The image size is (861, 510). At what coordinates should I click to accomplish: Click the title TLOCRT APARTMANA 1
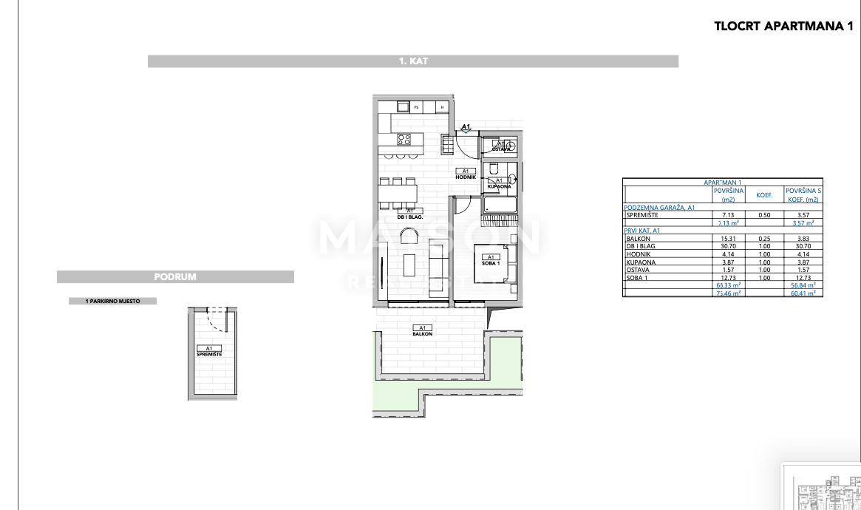click(783, 26)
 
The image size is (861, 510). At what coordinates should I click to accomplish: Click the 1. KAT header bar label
click(412, 62)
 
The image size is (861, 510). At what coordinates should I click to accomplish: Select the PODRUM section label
click(175, 277)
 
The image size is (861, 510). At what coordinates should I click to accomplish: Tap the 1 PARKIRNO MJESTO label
click(112, 301)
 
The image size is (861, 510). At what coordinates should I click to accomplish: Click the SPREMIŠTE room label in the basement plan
click(209, 352)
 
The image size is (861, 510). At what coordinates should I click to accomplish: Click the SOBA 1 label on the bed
click(491, 260)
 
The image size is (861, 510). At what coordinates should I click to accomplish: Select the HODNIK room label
click(466, 175)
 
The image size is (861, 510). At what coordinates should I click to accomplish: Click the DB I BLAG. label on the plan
click(409, 214)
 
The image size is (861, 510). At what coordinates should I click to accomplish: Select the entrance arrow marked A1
click(466, 129)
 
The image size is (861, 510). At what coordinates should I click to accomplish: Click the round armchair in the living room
click(409, 236)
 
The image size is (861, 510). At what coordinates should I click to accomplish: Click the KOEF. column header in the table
click(763, 195)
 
